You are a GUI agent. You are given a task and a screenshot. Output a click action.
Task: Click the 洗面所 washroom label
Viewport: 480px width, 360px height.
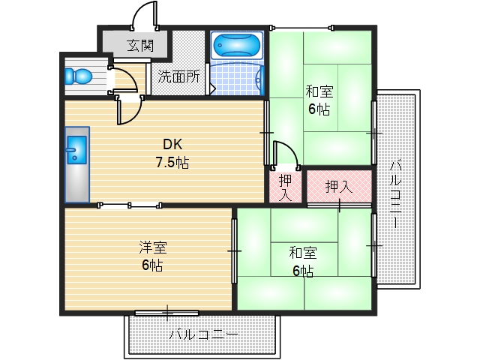tap(178, 76)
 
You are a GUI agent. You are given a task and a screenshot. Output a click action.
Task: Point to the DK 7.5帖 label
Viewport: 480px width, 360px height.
tap(172, 153)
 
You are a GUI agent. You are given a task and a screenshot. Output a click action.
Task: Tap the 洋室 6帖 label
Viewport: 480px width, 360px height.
tap(151, 256)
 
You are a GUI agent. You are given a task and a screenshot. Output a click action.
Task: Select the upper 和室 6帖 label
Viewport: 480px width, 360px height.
tap(319, 100)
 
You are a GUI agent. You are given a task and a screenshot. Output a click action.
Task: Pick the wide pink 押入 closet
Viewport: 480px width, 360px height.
tap(338, 186)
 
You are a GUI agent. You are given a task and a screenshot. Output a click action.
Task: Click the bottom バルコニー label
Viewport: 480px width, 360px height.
tap(203, 334)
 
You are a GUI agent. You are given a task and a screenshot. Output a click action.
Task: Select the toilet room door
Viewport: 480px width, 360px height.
tap(122, 79)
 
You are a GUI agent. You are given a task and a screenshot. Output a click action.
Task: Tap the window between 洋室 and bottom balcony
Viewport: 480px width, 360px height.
tap(166, 312)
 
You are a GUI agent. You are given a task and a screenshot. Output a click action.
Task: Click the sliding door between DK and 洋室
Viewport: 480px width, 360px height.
tap(129, 204)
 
